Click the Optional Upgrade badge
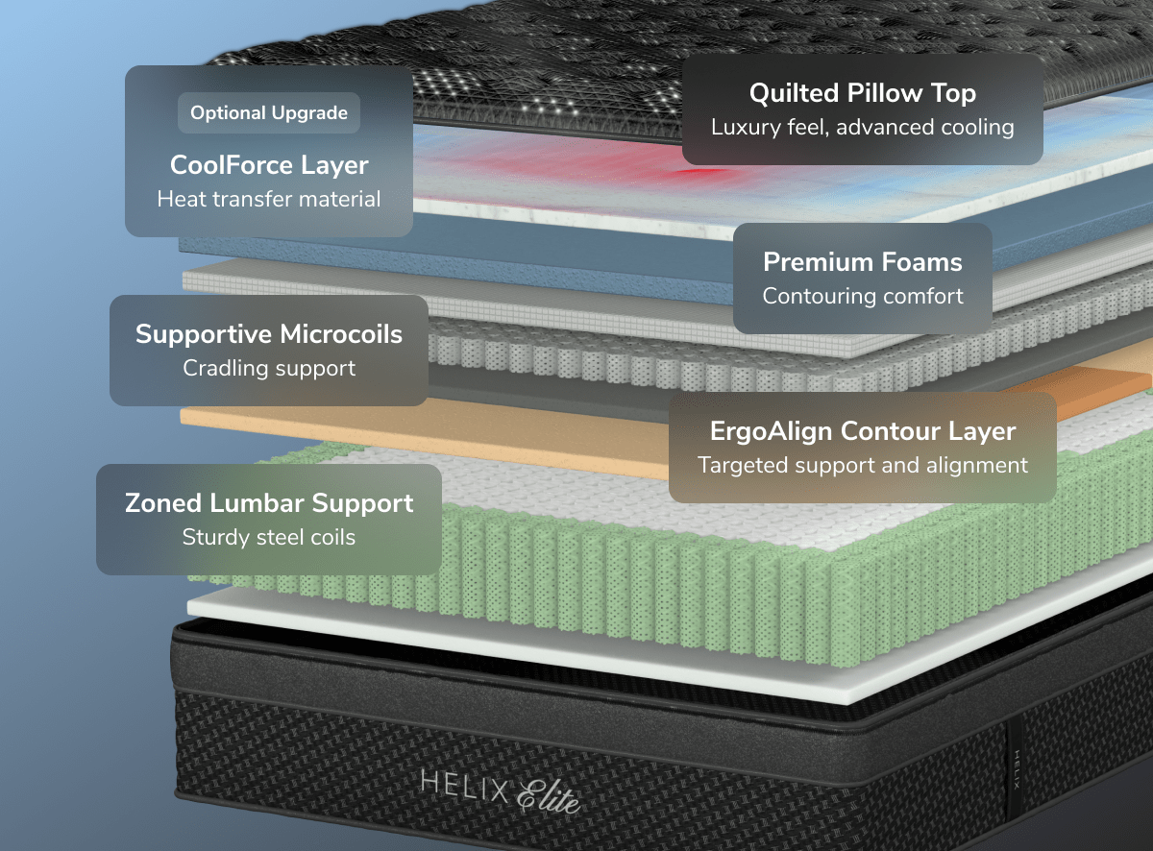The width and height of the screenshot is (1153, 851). point(268,113)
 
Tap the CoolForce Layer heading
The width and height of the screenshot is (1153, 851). point(269,165)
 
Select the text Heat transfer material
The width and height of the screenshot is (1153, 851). point(269,200)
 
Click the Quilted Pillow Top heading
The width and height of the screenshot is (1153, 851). point(862,93)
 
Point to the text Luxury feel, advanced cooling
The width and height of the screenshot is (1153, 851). point(862,127)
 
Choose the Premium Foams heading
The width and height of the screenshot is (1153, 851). point(862,262)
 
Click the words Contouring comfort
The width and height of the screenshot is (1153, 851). point(862,296)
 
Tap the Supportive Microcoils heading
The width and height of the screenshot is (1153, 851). point(269,334)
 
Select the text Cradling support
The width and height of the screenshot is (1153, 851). point(269,368)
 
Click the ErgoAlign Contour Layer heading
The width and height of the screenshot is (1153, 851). point(862,431)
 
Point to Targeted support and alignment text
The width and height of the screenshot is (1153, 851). point(862,466)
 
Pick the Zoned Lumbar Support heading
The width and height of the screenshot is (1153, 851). point(269,503)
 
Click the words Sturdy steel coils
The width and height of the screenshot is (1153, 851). point(269,537)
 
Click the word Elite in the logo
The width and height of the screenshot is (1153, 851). point(550,794)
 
